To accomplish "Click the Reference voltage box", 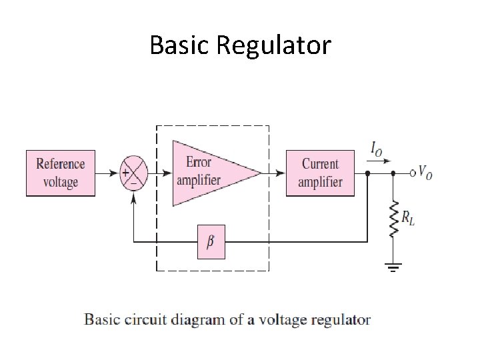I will click(x=61, y=173).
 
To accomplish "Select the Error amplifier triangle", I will click(x=210, y=173).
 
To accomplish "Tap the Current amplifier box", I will click(x=320, y=173).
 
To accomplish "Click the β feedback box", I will click(x=211, y=241).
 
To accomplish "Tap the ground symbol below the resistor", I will click(x=393, y=269).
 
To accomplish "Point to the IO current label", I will click(x=377, y=151).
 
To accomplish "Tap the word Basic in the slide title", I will click(x=180, y=45).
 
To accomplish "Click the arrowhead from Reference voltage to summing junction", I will click(x=115, y=173).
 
